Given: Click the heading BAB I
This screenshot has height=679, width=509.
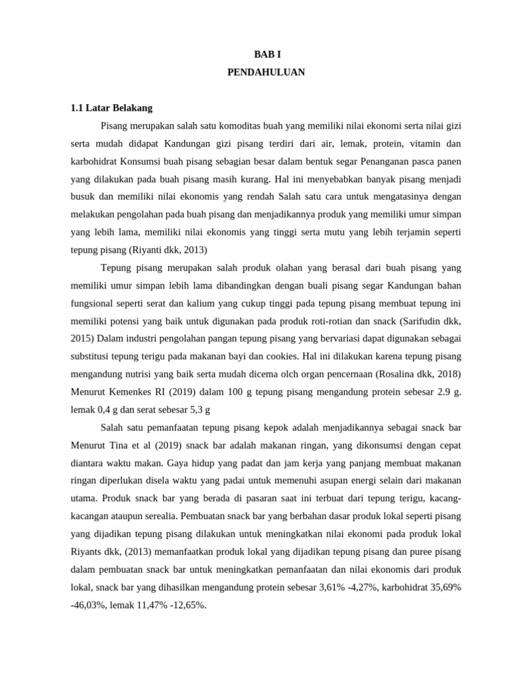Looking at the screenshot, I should (x=266, y=54).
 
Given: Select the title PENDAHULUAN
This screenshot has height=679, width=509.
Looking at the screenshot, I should (x=266, y=72).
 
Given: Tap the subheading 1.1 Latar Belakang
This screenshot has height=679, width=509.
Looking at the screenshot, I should (x=111, y=107).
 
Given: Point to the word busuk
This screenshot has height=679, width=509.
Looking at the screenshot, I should (x=84, y=197).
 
